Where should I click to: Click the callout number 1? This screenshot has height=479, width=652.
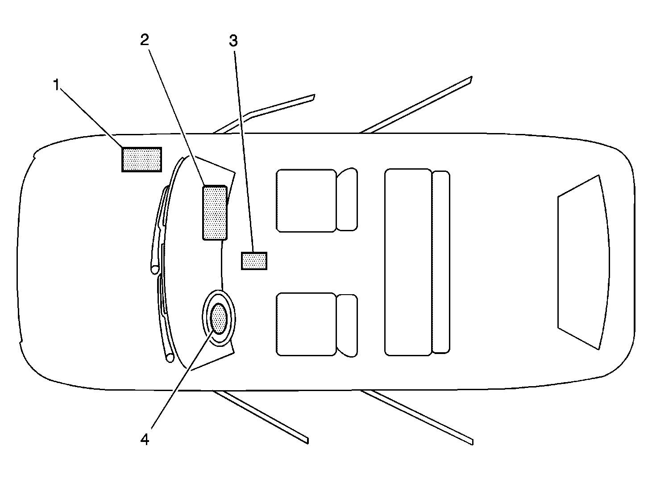[x=57, y=85]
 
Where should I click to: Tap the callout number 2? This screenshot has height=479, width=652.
[x=145, y=40]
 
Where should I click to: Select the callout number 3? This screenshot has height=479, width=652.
[x=233, y=41]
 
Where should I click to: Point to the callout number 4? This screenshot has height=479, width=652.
[x=145, y=439]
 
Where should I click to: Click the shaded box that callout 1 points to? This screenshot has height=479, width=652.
[x=141, y=159]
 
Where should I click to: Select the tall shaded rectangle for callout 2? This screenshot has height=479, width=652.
[x=215, y=212]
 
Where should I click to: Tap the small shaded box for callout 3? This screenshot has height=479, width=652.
[x=254, y=261]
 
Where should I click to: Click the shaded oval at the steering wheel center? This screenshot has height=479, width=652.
[x=219, y=319]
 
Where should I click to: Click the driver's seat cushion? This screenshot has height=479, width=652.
[x=306, y=324]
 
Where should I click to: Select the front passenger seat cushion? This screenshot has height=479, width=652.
[x=306, y=200]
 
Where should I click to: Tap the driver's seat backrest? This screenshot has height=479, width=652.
[x=347, y=325]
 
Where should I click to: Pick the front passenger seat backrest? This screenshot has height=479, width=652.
[x=347, y=200]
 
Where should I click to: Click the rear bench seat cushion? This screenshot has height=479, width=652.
[x=408, y=262]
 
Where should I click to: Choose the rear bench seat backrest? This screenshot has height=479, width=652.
[x=441, y=262]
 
